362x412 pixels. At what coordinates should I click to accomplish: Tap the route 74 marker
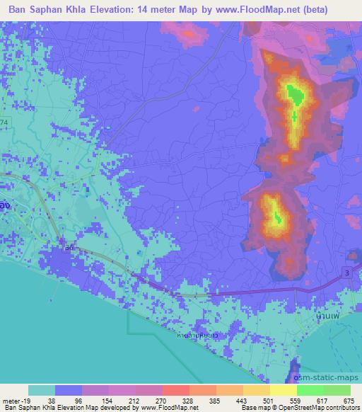click(5, 123)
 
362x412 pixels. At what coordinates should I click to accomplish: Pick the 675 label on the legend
click(348, 400)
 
